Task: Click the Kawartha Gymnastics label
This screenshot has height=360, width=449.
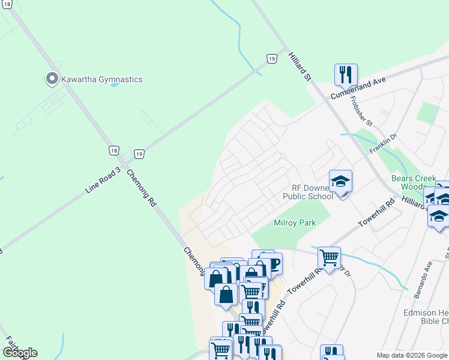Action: (x=100, y=79)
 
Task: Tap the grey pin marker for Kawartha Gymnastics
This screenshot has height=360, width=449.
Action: (x=52, y=79)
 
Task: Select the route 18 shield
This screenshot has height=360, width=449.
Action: (x=113, y=151)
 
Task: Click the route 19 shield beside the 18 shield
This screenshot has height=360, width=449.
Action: (x=139, y=154)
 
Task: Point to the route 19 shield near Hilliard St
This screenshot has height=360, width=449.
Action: (x=272, y=58)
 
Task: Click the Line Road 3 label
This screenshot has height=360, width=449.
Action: (x=103, y=180)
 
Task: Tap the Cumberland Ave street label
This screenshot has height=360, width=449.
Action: (x=358, y=88)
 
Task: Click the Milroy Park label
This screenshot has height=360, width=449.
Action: (x=295, y=223)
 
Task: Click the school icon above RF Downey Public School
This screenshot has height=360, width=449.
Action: (x=340, y=181)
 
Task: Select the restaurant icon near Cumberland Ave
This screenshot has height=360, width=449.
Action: (x=346, y=74)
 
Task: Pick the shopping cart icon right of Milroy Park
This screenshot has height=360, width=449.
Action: (x=329, y=257)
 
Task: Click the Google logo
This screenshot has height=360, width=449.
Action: (x=20, y=353)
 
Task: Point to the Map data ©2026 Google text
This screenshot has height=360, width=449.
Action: (x=412, y=355)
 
